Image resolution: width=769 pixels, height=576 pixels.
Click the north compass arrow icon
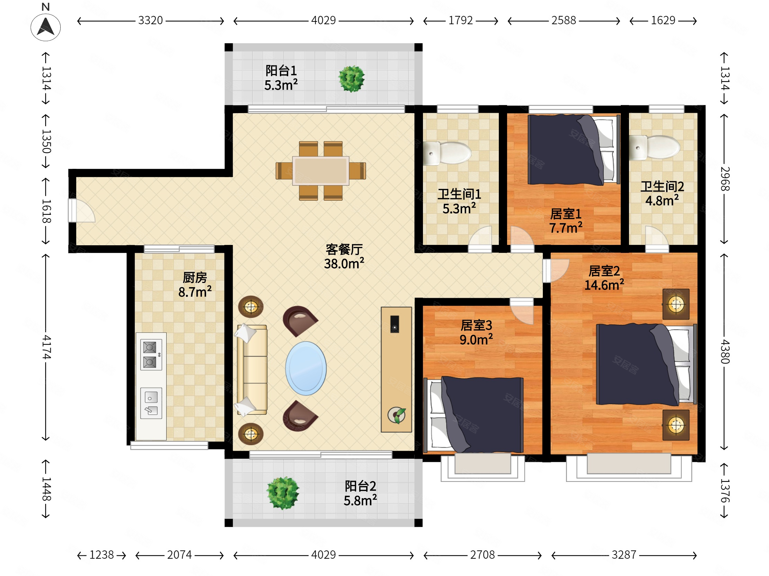point(45,27)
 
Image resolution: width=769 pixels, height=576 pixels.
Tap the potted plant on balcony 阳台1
point(352,79)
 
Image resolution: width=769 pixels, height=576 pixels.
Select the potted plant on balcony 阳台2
point(283,493)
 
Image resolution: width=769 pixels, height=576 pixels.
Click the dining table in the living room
point(320,171)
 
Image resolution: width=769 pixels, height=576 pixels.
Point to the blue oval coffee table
point(306,368)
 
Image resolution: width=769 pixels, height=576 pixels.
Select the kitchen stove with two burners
point(151,355)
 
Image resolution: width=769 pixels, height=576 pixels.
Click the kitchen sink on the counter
point(151,403)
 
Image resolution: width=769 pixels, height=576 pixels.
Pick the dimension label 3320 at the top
point(150,20)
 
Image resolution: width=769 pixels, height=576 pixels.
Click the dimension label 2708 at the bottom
point(482,555)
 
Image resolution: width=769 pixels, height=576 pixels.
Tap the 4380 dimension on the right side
point(725,351)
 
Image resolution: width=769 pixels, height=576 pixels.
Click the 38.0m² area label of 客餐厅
point(344,264)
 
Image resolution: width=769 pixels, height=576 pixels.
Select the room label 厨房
point(195,277)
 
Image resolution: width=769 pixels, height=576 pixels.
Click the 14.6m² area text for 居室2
point(604,285)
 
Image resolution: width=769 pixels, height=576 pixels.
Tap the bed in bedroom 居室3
point(474,414)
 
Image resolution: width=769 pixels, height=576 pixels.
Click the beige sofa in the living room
point(252,369)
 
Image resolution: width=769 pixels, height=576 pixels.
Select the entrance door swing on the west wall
point(81,210)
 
